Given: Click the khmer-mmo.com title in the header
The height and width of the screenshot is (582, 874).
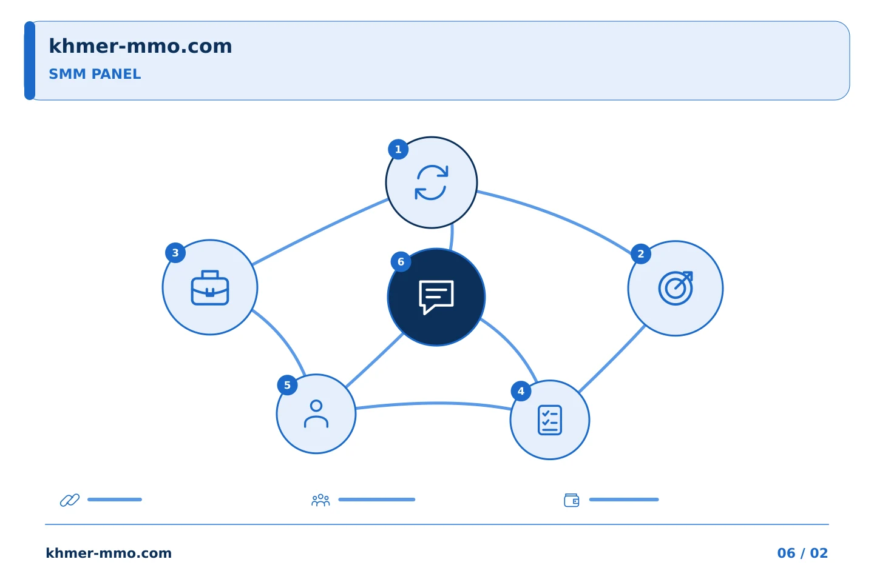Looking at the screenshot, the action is pos(140,46).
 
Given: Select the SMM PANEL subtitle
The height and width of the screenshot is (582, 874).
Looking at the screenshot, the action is pos(95,74).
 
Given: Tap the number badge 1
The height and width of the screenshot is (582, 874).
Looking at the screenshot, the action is pos(398,149).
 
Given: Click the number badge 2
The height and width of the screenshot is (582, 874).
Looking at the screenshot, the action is pos(641,254).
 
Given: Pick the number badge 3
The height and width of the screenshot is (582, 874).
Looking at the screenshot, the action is pos(175,253).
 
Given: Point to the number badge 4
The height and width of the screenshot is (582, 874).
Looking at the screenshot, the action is pos(521,391).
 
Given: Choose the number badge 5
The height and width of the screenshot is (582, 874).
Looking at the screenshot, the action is pos(287,385).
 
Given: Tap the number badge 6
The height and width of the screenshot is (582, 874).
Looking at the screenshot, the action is pos(401,261).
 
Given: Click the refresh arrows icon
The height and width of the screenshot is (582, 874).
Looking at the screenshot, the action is pos(431,182).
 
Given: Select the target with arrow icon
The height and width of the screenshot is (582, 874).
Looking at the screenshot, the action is pos(676,288).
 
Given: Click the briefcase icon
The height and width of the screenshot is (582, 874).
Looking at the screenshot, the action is pos(210,288).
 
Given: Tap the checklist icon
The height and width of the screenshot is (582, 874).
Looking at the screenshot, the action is pos(550,420).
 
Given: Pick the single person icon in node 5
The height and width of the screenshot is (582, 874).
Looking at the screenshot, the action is pos(316,414).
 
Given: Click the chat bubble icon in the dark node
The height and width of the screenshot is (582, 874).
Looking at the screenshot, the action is pos(436,297).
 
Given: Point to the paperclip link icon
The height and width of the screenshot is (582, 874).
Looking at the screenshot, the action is pos(70,500).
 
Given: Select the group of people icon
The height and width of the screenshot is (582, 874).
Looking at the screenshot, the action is pos(320,500).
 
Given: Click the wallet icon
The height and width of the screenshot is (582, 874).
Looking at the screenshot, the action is pos(572,500).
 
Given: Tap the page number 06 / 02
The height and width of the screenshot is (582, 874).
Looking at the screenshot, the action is pos(802,553).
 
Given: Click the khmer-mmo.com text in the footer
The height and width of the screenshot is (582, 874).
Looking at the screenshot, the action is pos(109,553).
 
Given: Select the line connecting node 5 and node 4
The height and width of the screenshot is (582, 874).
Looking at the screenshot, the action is pos(433,404).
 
